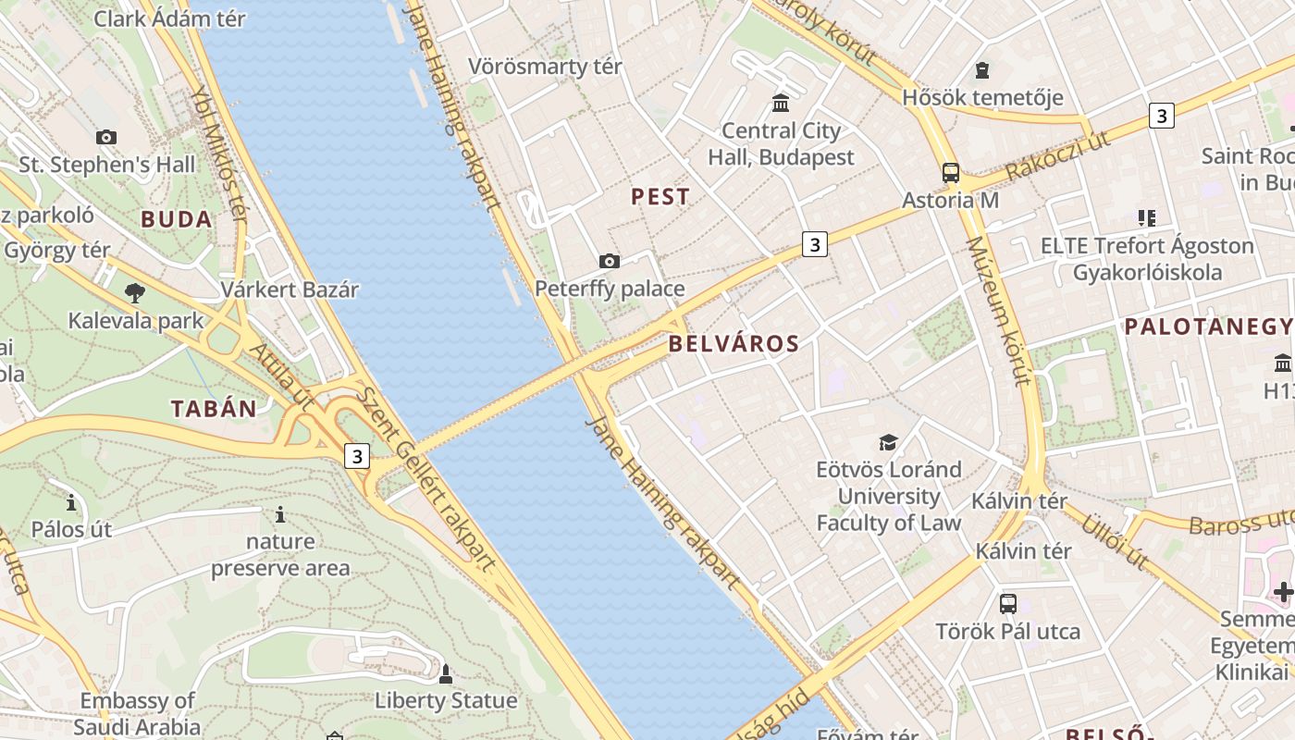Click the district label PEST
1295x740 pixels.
pos(660,196)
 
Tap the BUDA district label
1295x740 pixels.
pos(176,219)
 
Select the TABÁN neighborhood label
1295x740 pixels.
pos(214,409)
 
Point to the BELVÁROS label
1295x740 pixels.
pos(734,344)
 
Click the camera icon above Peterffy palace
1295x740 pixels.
pos(609,261)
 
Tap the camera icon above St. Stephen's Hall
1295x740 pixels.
pos(106,137)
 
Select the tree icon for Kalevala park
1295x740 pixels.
pos(135,293)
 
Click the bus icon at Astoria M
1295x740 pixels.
pos(950,172)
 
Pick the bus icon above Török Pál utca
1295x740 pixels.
pos(1007,604)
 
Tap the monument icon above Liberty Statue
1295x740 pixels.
pos(445,672)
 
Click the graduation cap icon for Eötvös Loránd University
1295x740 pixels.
pos(888,441)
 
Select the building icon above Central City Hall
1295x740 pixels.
pos(781,102)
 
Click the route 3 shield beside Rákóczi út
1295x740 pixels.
pos(1161,116)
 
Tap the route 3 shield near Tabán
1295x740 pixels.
pos(357,456)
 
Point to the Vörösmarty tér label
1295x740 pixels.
pos(545,67)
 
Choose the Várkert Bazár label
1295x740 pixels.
pos(289,290)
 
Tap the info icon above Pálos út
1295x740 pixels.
pos(71,502)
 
